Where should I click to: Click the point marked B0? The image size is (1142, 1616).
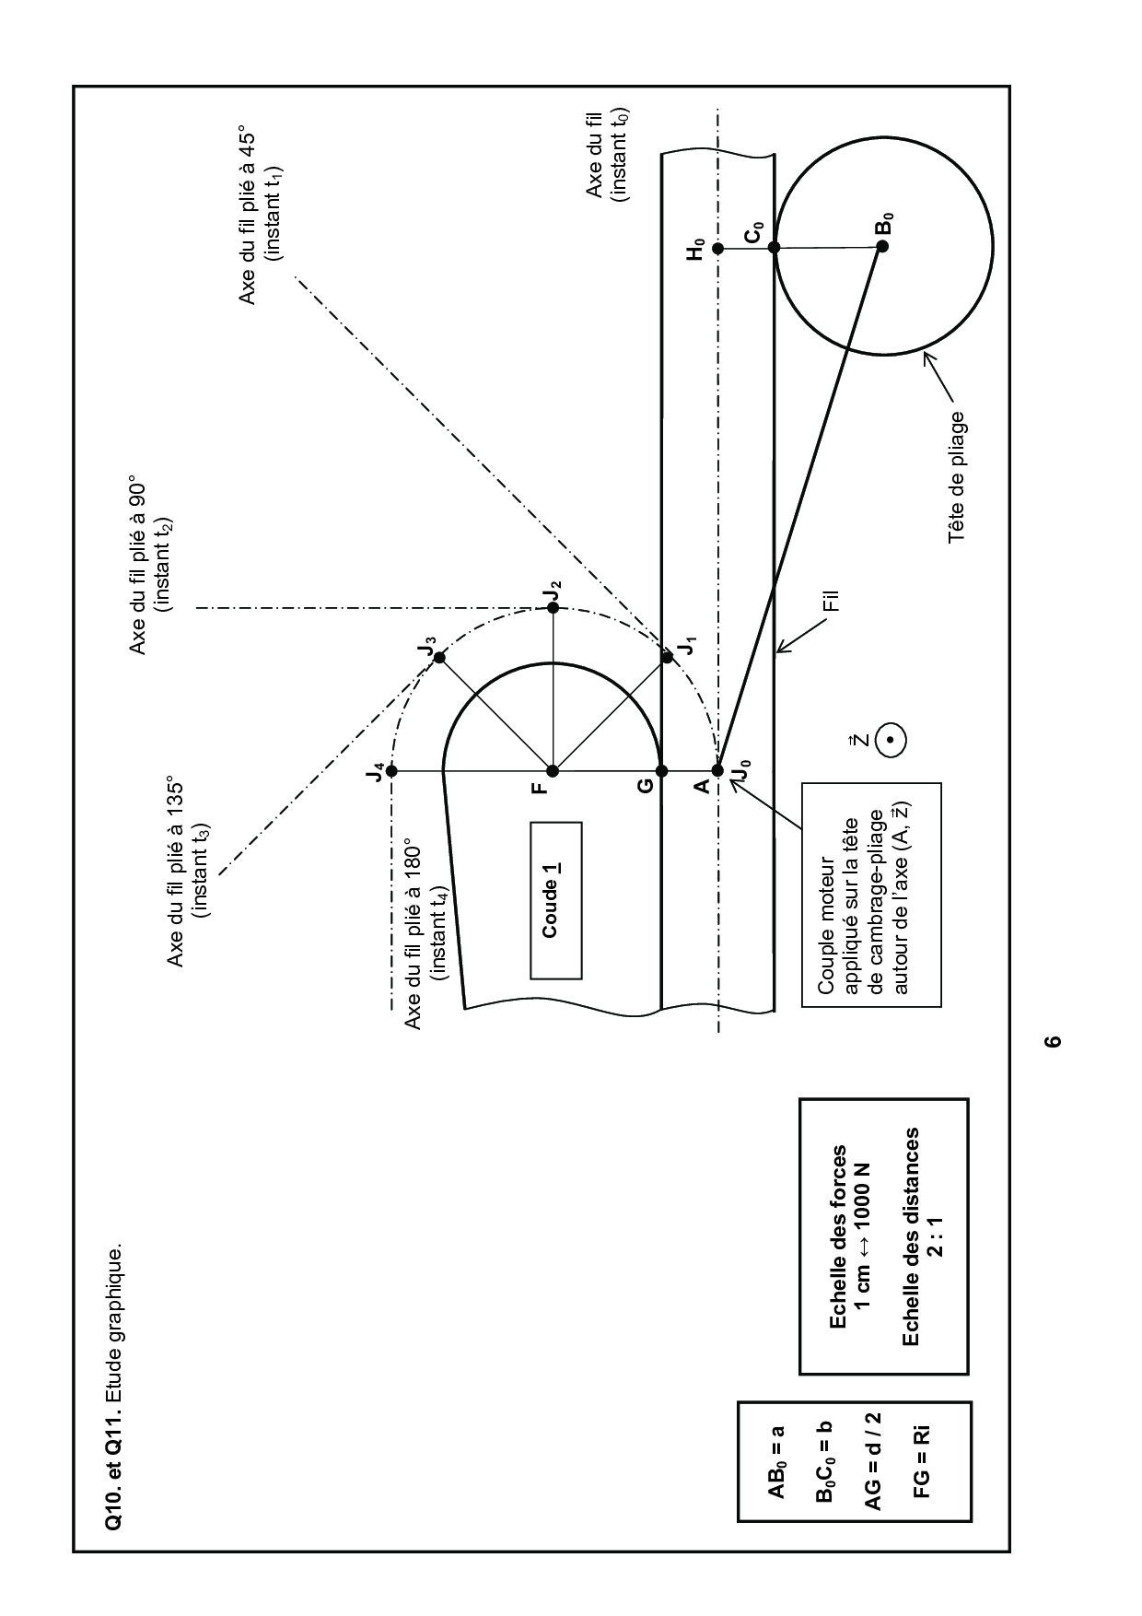coord(881,246)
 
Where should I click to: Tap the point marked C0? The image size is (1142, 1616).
coord(774,247)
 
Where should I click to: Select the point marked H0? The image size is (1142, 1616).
coord(718,248)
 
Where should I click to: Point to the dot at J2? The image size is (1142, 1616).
coord(553,608)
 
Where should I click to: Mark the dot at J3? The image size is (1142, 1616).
coord(439,657)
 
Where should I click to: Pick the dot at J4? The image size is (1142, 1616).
coord(391,770)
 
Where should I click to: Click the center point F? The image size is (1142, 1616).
coord(553,770)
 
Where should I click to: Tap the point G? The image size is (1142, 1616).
coord(660,770)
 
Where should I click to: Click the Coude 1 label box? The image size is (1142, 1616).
coord(555,900)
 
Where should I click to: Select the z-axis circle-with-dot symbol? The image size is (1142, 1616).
coord(890,740)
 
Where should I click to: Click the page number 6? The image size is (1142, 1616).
coord(1055,1042)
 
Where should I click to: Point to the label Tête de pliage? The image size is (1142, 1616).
coord(958,476)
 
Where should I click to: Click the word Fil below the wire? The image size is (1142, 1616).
coord(833,603)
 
